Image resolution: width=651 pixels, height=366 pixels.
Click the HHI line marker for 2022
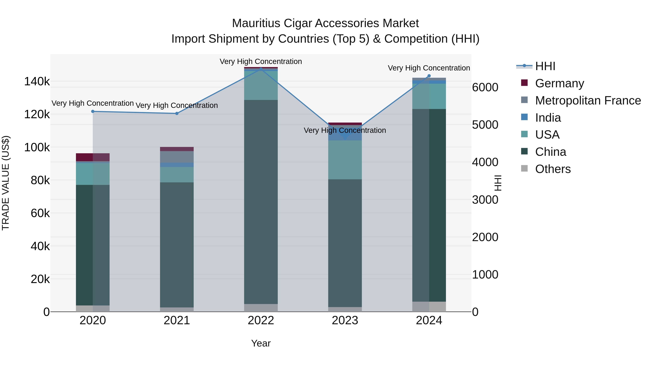click(261, 69)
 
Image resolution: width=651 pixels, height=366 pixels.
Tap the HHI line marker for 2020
click(93, 111)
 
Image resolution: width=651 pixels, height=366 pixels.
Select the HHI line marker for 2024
click(429, 76)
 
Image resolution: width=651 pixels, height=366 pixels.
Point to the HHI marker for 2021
click(177, 113)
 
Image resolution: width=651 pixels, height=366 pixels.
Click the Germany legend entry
click(559, 83)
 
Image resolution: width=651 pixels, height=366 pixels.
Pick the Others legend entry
click(553, 169)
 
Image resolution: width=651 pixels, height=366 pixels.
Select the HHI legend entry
click(545, 66)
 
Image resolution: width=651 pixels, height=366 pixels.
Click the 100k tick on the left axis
click(37, 147)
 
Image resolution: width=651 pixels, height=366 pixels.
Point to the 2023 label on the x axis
click(345, 320)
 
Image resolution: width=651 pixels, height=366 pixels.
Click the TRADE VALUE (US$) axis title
click(6, 183)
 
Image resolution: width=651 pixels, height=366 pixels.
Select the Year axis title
click(261, 343)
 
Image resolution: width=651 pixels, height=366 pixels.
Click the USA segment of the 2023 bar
click(345, 160)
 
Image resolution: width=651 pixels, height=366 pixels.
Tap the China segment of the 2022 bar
click(261, 202)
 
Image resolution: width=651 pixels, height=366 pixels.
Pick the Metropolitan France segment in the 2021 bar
click(177, 157)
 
